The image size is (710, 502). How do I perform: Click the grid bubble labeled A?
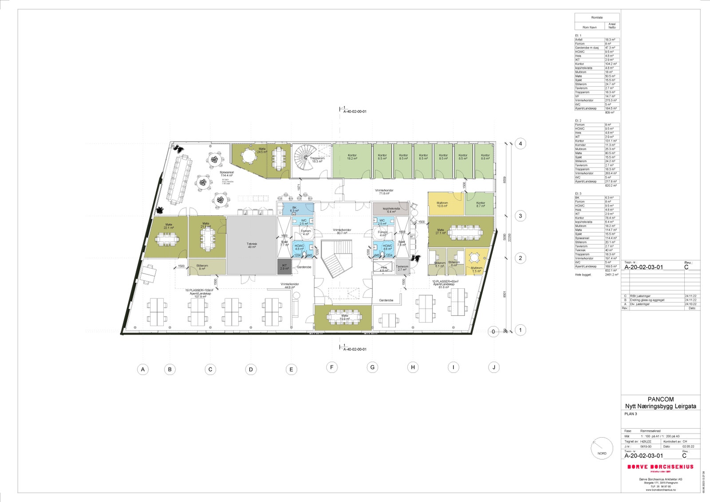click(142, 369)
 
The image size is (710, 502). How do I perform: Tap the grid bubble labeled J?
click(494, 367)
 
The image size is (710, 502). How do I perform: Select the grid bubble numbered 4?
click(521, 143)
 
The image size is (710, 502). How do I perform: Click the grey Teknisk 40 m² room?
click(252, 245)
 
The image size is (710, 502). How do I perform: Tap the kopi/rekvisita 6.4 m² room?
click(389, 209)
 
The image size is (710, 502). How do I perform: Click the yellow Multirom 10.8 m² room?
click(446, 204)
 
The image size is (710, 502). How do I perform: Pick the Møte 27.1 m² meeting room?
click(461, 231)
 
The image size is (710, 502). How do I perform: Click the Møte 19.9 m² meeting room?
click(343, 318)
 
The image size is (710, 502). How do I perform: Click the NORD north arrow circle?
click(602, 448)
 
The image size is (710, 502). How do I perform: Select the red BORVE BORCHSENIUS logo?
click(660, 466)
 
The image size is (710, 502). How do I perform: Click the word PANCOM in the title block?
click(660, 399)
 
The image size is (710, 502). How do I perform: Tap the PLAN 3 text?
click(631, 414)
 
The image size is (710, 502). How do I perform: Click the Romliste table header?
click(597, 17)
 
